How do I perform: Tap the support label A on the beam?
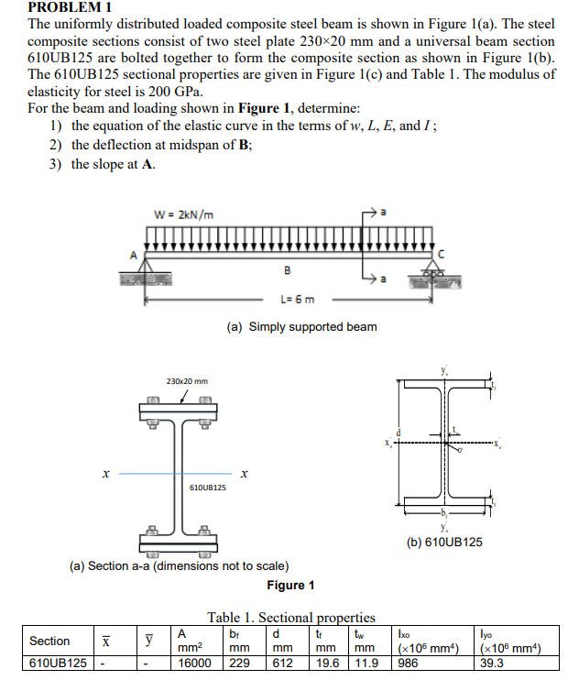(133, 255)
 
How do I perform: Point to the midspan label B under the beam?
(288, 271)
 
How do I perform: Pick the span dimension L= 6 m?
(297, 299)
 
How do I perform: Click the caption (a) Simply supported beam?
(301, 327)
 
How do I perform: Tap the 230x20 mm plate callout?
(187, 380)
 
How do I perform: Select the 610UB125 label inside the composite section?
(207, 487)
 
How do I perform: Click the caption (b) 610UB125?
(443, 543)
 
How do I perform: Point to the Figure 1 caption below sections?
(290, 586)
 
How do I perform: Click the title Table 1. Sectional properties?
(290, 617)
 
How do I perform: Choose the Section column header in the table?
(49, 641)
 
